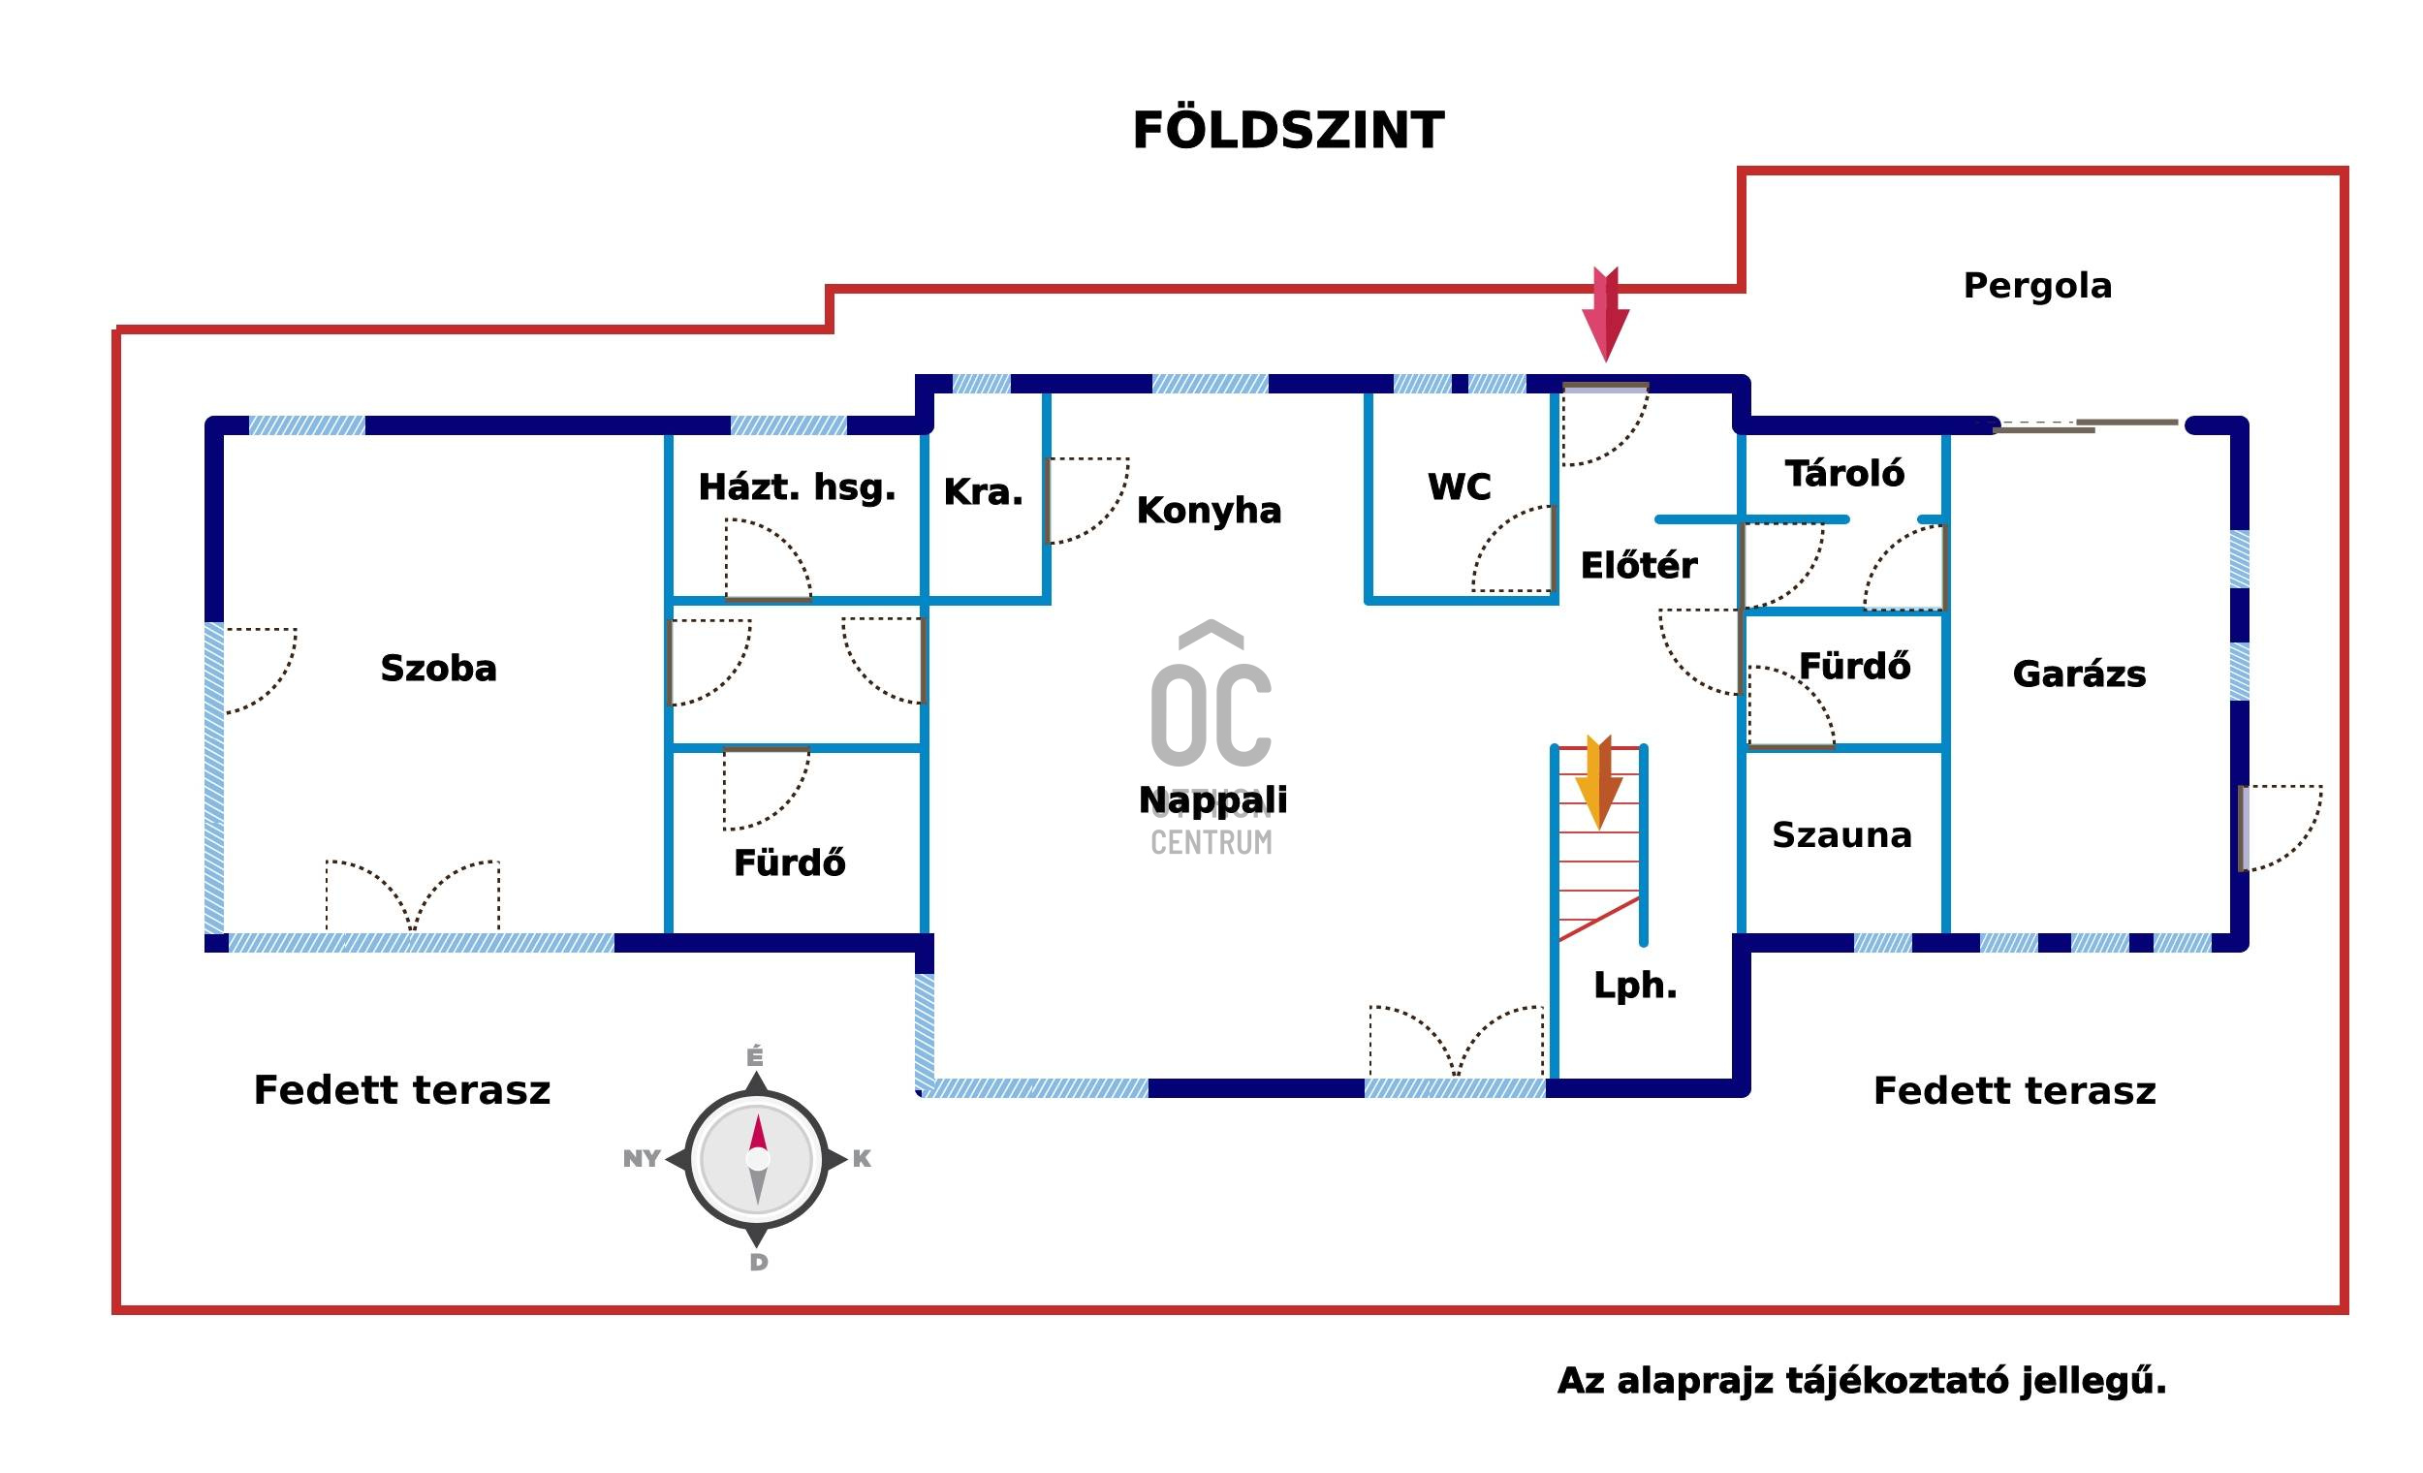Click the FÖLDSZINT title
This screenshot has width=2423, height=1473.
[x=1288, y=131]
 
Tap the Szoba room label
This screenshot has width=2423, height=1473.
[x=439, y=669]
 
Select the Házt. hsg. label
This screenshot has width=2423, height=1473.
[x=797, y=486]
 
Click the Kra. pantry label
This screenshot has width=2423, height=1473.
[x=984, y=491]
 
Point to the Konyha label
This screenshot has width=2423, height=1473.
[x=1209, y=511]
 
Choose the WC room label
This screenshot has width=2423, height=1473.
[x=1460, y=486]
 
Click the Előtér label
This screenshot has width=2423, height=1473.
[x=1638, y=565]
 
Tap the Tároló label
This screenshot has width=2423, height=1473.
[x=1844, y=474]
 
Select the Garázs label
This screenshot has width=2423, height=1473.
[x=2079, y=674]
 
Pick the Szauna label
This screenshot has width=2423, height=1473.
[x=1841, y=834]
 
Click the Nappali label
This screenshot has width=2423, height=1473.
[x=1212, y=799]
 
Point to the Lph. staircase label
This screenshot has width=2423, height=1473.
[x=1635, y=986]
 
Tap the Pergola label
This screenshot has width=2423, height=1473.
[x=2037, y=286]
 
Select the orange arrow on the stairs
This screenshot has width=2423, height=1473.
[x=1598, y=783]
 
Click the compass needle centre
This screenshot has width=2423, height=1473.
[x=757, y=1159]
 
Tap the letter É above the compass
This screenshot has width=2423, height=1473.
[x=754, y=1057]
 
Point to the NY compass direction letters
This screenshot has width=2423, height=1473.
[x=642, y=1158]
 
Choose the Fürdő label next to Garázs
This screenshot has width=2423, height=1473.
[x=1855, y=667]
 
